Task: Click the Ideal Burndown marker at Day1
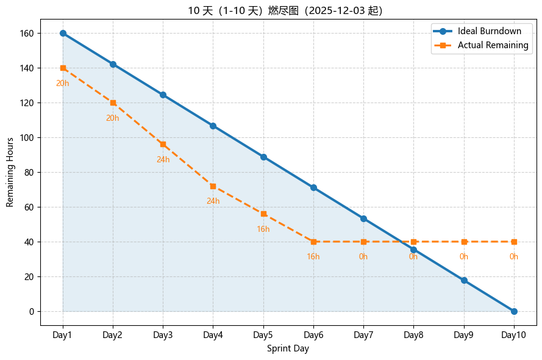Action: point(63,33)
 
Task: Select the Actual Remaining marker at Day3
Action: point(163,144)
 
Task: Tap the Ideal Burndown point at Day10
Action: point(514,311)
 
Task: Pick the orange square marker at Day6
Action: point(313,242)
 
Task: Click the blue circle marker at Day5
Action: point(263,157)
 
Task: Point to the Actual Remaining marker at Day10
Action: point(514,242)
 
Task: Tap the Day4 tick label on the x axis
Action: point(213,335)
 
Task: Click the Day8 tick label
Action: point(413,335)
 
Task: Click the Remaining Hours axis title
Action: point(10,172)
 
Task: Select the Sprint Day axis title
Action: point(288,349)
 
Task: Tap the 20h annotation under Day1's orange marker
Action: point(62,84)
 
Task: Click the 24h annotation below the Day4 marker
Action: point(213,201)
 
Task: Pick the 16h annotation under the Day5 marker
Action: point(263,229)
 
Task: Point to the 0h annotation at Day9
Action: point(464,257)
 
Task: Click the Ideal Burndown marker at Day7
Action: point(363,218)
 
